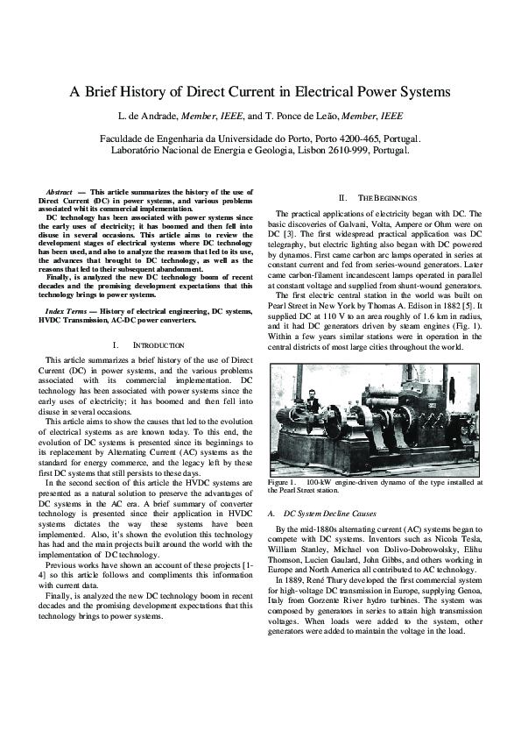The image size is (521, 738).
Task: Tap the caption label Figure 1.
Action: click(283, 482)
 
